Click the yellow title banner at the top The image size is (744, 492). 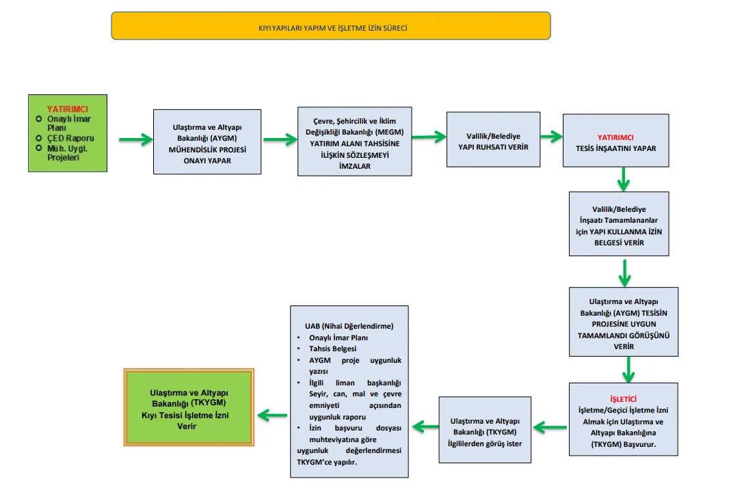[331, 26]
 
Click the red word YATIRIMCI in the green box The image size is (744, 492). [68, 109]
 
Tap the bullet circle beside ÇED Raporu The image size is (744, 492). [39, 138]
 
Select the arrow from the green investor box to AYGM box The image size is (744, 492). [135, 139]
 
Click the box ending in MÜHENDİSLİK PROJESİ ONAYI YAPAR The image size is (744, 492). [207, 142]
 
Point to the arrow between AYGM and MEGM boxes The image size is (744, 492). [280, 139]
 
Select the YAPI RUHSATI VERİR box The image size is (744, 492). [493, 139]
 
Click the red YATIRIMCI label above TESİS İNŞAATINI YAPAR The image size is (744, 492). [615, 137]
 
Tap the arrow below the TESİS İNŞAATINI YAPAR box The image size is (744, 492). [624, 179]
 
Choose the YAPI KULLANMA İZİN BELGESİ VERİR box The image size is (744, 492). [619, 223]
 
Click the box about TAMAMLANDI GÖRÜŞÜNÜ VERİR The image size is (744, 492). [624, 322]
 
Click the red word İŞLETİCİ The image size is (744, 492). [623, 399]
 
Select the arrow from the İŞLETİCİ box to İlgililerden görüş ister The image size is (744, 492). [550, 428]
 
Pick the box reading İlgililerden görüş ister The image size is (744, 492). [484, 430]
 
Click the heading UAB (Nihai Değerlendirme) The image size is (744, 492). [349, 326]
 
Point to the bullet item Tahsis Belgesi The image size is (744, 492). [332, 349]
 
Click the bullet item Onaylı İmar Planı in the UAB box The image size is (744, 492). [338, 338]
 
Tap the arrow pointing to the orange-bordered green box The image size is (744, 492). [272, 415]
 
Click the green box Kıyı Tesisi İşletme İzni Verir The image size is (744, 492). [189, 408]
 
